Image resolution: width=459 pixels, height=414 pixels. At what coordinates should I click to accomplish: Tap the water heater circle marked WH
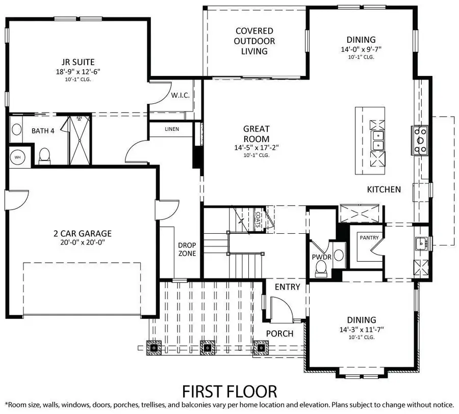tap(18, 156)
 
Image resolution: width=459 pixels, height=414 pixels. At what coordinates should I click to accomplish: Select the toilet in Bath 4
tap(44, 155)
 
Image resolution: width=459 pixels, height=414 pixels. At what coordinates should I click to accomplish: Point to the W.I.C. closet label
tap(181, 95)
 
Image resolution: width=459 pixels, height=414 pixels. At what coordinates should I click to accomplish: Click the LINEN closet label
tap(172, 129)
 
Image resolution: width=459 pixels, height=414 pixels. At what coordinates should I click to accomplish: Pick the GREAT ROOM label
tap(256, 134)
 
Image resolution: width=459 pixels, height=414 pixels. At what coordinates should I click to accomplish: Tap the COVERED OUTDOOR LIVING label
tap(254, 41)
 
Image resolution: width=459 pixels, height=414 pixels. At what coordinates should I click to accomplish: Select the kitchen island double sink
tap(378, 140)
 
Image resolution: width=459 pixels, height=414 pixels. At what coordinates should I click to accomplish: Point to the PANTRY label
tap(368, 237)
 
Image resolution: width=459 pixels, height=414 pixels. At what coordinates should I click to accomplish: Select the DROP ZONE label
tap(187, 250)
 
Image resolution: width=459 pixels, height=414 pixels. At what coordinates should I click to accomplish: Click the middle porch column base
tap(207, 349)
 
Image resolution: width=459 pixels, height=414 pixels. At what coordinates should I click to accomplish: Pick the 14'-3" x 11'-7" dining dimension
tap(362, 329)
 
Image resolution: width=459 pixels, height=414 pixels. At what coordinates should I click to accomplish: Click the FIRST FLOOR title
tap(229, 391)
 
